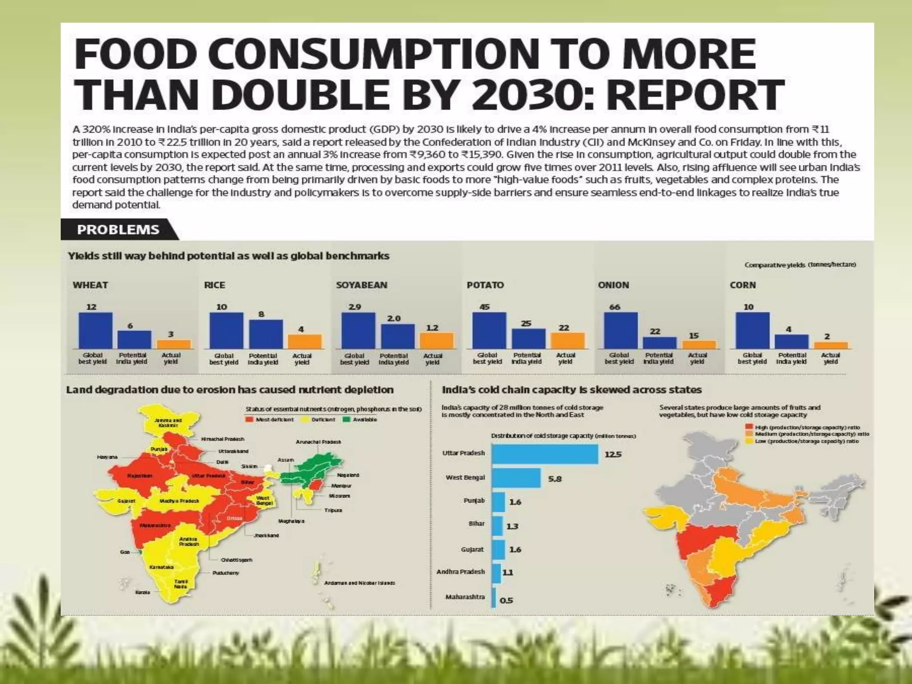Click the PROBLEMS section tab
pyautogui.click(x=118, y=230)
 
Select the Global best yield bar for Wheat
pyautogui.click(x=95, y=330)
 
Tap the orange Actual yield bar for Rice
pyautogui.click(x=305, y=341)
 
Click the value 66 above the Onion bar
pyautogui.click(x=615, y=307)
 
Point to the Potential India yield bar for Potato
pyautogui.click(x=528, y=338)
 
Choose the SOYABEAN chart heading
pyautogui.click(x=361, y=285)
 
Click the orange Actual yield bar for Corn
pyautogui.click(x=831, y=345)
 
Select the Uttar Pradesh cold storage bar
pyautogui.click(x=545, y=454)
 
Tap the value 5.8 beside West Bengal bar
pyautogui.click(x=554, y=479)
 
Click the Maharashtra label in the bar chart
pyautogui.click(x=465, y=597)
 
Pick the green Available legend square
pyautogui.click(x=346, y=419)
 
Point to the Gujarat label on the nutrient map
pyautogui.click(x=126, y=501)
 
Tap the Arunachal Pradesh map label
pyautogui.click(x=318, y=442)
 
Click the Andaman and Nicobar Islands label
pyautogui.click(x=359, y=583)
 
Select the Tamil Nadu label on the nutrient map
pyautogui.click(x=181, y=584)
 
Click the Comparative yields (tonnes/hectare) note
pyautogui.click(x=800, y=265)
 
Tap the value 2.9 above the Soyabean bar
pyautogui.click(x=354, y=307)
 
